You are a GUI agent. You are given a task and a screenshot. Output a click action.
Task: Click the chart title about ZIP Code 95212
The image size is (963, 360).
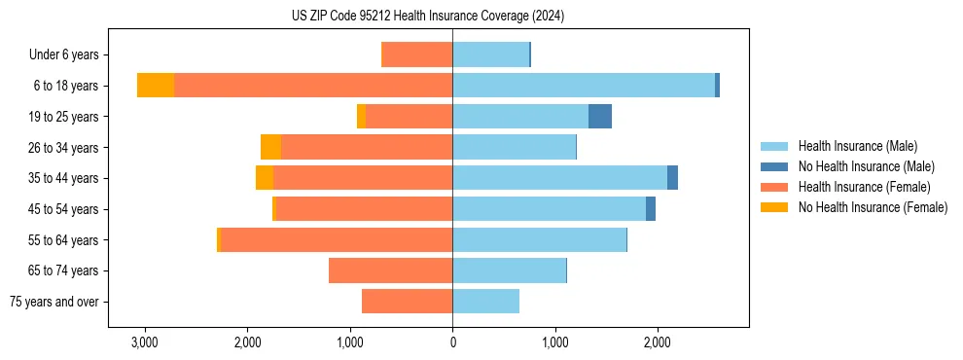pos(427,17)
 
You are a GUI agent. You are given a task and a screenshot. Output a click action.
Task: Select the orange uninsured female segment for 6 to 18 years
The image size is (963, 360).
pos(156,86)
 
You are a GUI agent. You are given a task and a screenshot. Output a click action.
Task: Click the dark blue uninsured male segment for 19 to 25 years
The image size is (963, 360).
pos(600,117)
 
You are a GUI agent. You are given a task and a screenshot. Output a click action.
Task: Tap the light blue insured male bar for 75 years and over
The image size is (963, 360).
pos(485,302)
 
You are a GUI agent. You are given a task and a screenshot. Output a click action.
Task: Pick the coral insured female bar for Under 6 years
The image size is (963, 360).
pos(417,54)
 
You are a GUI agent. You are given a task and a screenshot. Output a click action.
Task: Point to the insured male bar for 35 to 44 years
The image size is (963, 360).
pos(559,178)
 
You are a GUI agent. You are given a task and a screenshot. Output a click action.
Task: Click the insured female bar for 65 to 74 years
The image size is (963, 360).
pos(390,270)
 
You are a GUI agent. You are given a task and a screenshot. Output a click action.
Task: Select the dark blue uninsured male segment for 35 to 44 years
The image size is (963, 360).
pos(672,178)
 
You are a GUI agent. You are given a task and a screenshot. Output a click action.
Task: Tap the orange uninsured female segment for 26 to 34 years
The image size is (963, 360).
pos(270,147)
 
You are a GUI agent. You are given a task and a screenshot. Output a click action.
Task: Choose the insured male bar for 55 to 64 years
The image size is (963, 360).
pos(539,239)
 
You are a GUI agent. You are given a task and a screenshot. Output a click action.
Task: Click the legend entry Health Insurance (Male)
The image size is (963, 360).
pos(857,146)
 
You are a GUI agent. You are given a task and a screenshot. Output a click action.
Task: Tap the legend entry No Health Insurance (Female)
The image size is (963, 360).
pos(872,207)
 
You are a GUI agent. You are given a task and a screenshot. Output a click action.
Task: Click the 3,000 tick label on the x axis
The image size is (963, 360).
pos(144,342)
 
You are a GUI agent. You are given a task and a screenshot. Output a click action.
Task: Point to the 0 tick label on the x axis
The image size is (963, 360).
pos(452,342)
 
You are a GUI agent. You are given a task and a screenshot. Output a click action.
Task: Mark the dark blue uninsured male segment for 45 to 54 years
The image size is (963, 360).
pos(651,209)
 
